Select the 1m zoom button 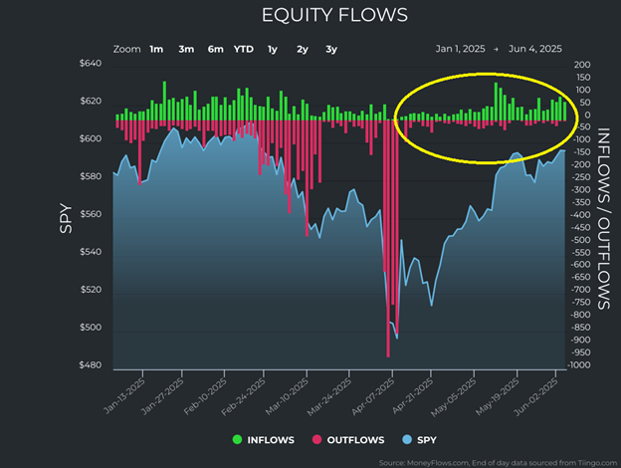point(157,48)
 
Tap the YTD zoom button point(243,48)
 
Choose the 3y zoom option point(330,48)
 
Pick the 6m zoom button point(215,48)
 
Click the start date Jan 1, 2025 point(460,48)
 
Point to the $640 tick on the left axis point(90,65)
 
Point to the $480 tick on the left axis point(90,365)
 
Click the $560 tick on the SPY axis point(90,215)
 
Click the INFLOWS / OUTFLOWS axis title point(603,215)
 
